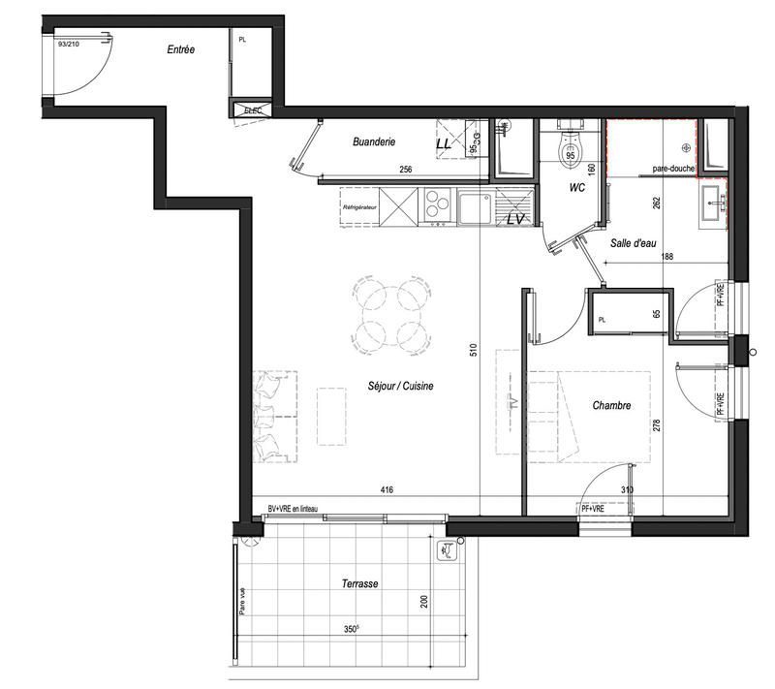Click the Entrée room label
[x=181, y=50]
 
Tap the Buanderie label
[x=374, y=141]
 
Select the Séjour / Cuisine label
[x=401, y=386]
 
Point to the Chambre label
[x=612, y=406]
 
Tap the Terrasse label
[x=359, y=583]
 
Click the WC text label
[x=576, y=186]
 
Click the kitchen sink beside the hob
[x=475, y=206]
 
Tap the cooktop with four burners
[x=438, y=205]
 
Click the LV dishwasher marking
[x=515, y=220]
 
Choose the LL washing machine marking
[x=444, y=144]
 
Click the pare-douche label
[x=673, y=170]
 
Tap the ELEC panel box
[x=254, y=110]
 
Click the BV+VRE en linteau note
[x=293, y=509]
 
